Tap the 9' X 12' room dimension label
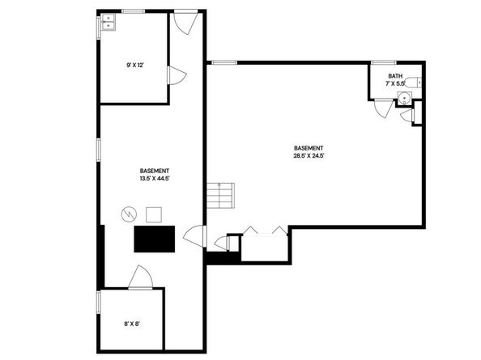pos(134,66)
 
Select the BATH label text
pos(394,77)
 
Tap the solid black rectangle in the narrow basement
pos(154,239)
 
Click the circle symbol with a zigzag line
pos(128,214)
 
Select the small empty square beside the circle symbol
pos(153,214)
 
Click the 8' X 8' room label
pos(132,323)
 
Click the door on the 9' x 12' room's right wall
pos(174,75)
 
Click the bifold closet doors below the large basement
pos(266,232)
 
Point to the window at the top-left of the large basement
pos(223,61)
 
